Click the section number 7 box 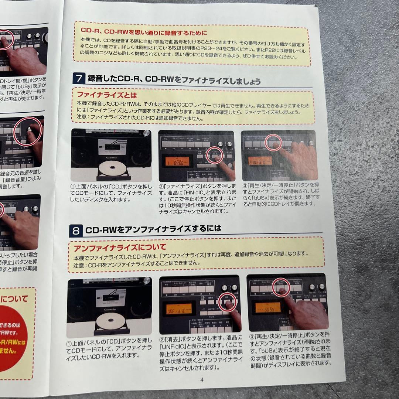coord(79,79)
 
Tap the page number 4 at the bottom coord(202,379)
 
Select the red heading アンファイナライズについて coord(120,247)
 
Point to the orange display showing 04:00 coord(176,161)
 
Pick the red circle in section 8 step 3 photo coord(281,287)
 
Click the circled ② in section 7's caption coord(161,185)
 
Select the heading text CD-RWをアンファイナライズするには coord(153,229)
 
